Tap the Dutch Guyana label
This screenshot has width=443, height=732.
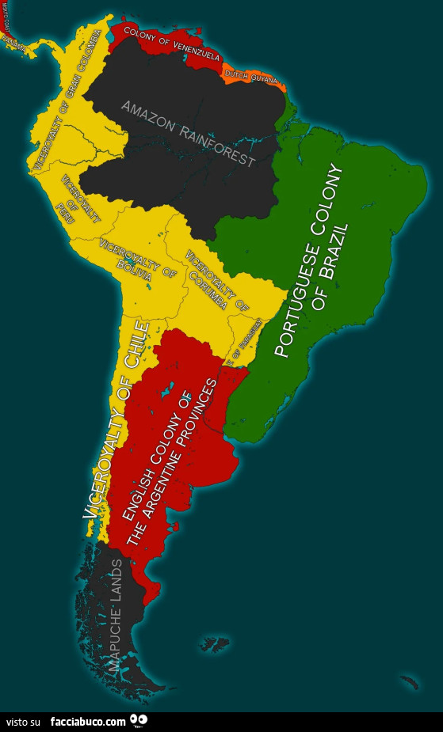click(251, 77)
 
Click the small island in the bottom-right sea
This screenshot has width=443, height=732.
click(410, 680)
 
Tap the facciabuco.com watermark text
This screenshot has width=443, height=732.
click(88, 722)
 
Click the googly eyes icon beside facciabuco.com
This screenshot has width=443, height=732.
click(139, 720)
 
